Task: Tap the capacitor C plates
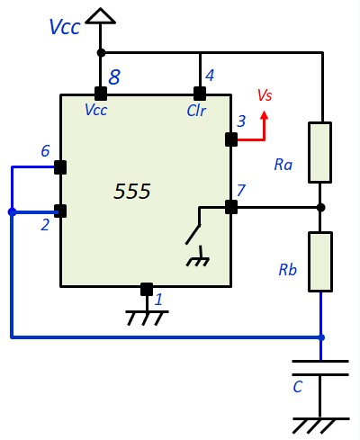tap(320, 368)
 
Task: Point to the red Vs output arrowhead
tap(265, 115)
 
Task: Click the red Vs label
tap(265, 95)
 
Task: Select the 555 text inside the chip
tap(132, 191)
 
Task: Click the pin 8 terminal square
tap(101, 94)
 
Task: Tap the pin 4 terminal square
tap(200, 94)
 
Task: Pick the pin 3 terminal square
tap(231, 139)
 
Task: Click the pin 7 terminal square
tap(231, 207)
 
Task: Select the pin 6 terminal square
tap(60, 167)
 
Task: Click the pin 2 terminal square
tap(60, 211)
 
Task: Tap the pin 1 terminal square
tap(147, 289)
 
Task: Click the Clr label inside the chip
tap(196, 111)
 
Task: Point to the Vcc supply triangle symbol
tap(100, 16)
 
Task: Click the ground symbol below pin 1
tap(147, 319)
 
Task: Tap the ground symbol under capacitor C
tap(320, 426)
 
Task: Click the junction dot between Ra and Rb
tap(320, 207)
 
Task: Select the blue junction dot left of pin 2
tap(12, 212)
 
